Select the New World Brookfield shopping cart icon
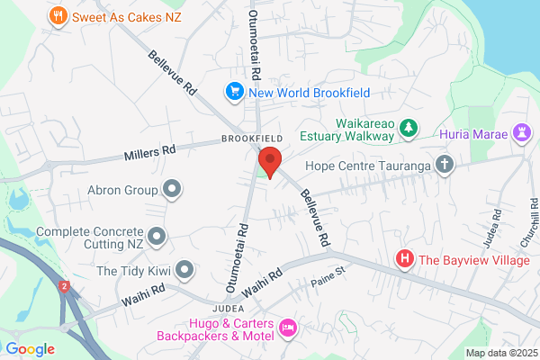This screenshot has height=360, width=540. [235, 92]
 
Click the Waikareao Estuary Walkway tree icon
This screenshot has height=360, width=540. [409, 129]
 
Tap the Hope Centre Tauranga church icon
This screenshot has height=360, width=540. [444, 166]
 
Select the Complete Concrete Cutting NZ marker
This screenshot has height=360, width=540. [157, 236]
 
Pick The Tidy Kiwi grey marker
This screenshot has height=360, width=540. [185, 268]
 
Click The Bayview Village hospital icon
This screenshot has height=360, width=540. [405, 260]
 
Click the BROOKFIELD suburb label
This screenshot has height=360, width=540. [253, 139]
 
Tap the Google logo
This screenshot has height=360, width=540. [30, 348]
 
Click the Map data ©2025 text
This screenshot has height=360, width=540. [500, 353]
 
